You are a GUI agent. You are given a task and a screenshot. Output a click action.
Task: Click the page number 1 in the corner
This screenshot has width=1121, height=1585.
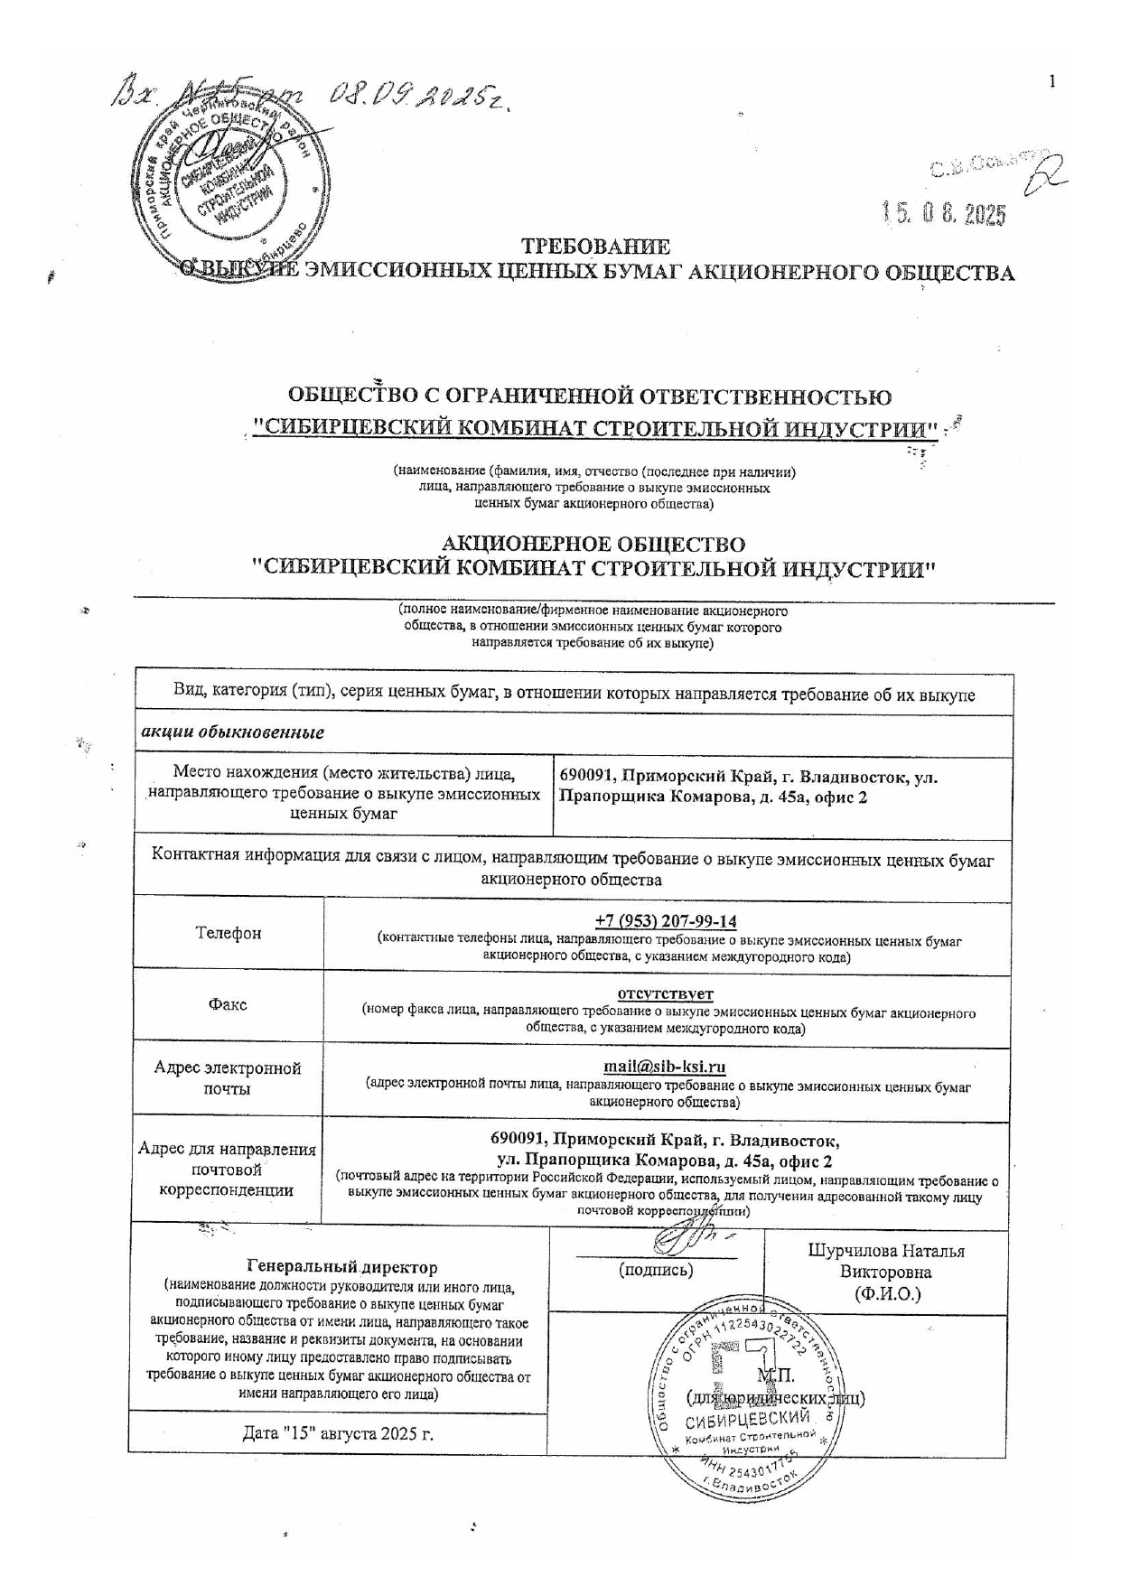pyautogui.click(x=1051, y=82)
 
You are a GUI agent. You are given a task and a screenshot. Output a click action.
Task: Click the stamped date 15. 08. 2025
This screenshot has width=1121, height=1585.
pyautogui.click(x=944, y=213)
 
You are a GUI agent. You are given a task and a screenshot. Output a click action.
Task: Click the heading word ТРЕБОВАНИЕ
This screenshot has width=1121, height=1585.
pyautogui.click(x=596, y=247)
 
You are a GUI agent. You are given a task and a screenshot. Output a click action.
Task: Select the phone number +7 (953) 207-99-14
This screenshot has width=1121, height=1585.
pyautogui.click(x=666, y=921)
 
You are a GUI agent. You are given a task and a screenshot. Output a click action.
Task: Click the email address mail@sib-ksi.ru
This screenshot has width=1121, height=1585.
pyautogui.click(x=665, y=1067)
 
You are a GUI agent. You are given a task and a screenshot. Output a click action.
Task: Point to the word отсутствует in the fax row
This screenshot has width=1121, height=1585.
pyautogui.click(x=666, y=993)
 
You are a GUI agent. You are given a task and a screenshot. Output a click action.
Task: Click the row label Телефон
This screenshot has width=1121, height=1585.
pyautogui.click(x=229, y=933)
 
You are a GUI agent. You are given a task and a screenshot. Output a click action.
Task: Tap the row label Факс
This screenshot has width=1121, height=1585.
pyautogui.click(x=228, y=1004)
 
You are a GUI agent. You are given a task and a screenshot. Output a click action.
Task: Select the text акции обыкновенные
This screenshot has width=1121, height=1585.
pyautogui.click(x=233, y=732)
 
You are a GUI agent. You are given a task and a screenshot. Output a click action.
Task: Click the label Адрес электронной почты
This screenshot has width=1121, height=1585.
pyautogui.click(x=228, y=1078)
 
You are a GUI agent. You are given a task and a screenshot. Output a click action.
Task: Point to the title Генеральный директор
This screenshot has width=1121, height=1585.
pyautogui.click(x=341, y=1268)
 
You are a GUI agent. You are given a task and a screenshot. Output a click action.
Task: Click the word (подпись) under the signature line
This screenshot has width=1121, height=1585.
pyautogui.click(x=656, y=1270)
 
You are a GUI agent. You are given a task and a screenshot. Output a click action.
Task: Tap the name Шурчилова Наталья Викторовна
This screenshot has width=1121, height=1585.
pyautogui.click(x=885, y=1262)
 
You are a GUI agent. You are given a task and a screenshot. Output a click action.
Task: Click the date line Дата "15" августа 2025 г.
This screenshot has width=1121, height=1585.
pyautogui.click(x=338, y=1433)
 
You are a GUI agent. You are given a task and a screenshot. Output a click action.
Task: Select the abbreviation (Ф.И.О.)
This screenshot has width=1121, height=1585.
pyautogui.click(x=886, y=1293)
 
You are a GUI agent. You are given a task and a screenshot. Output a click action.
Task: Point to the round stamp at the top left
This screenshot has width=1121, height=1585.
pyautogui.click(x=230, y=181)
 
